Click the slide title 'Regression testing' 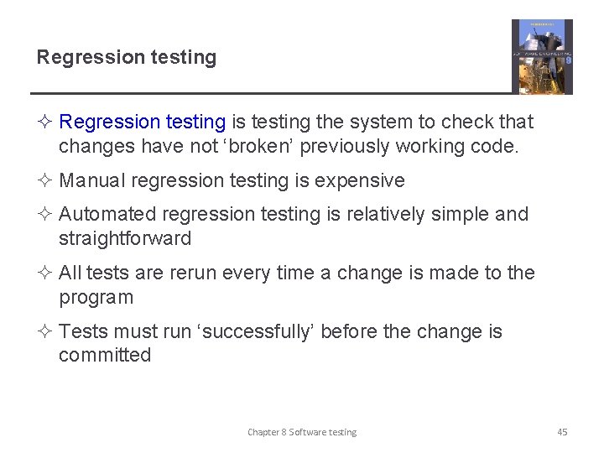126,58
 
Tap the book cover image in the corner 542,56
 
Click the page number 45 562,432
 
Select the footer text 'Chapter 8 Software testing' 302,432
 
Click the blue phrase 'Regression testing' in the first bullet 143,122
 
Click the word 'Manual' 92,181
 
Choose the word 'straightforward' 125,239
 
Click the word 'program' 96,298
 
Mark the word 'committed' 105,356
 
